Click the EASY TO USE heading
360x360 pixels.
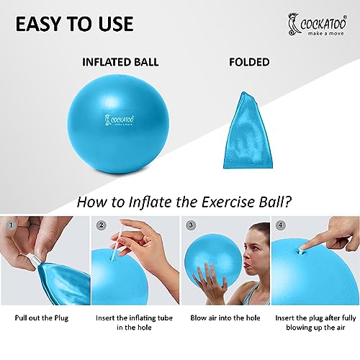click(x=74, y=24)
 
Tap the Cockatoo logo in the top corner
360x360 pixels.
click(x=318, y=25)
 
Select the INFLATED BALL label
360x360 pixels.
click(x=120, y=62)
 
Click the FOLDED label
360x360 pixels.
click(x=249, y=62)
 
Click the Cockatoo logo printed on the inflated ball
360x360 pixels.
click(x=119, y=120)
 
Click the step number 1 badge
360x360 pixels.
click(x=11, y=225)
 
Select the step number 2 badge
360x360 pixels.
click(x=101, y=225)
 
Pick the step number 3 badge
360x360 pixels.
click(x=191, y=225)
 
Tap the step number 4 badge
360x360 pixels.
click(x=281, y=225)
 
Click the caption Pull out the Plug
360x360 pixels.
click(x=42, y=318)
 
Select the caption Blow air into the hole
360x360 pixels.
click(x=225, y=318)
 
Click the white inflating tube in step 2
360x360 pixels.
click(x=117, y=242)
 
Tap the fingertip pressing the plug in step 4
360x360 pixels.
click(x=303, y=247)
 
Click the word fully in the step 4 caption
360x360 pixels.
click(x=349, y=318)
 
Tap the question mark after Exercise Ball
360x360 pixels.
click(x=287, y=202)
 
